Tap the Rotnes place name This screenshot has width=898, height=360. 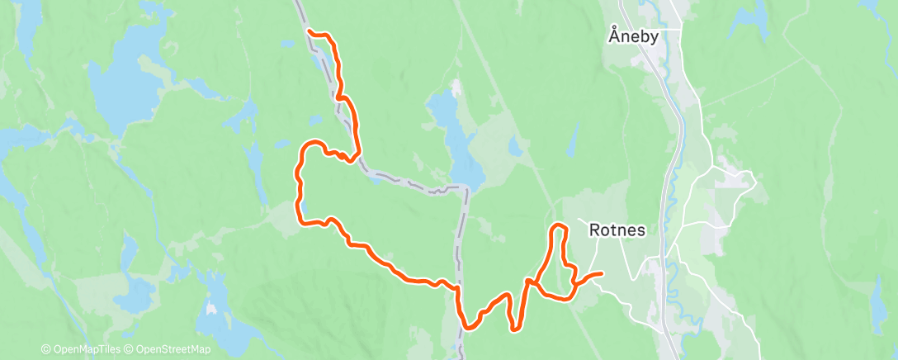pyautogui.click(x=617, y=231)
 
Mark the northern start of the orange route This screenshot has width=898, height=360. pyautogui.click(x=310, y=31)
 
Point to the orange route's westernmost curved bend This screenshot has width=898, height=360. pyautogui.click(x=299, y=173)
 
